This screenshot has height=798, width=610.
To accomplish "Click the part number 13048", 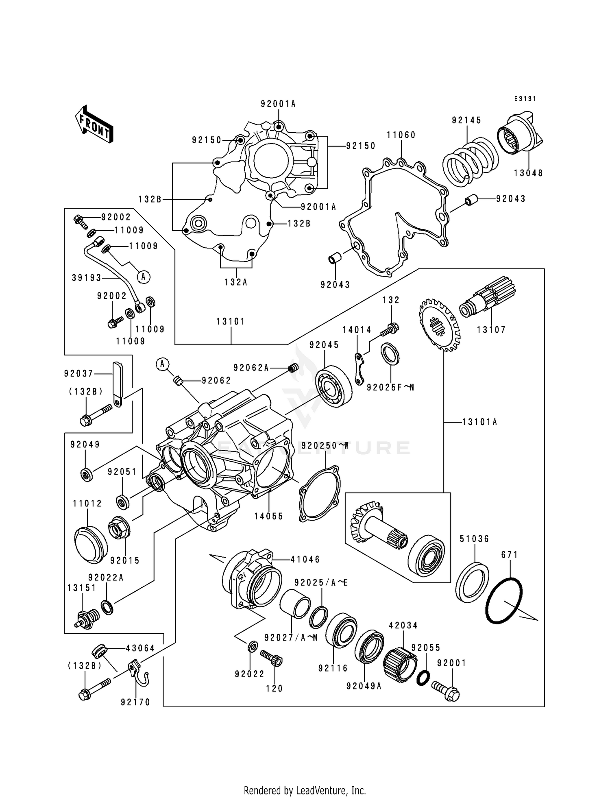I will [x=528, y=173].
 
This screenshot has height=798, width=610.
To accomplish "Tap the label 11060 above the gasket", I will [x=401, y=135].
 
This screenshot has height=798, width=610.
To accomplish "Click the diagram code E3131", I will [x=525, y=99].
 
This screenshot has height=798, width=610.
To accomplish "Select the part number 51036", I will [x=474, y=539].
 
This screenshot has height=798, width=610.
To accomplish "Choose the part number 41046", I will [x=305, y=560].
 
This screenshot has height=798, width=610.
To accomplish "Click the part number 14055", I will [x=268, y=517].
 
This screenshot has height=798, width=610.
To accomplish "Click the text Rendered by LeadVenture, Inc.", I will [x=305, y=790].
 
